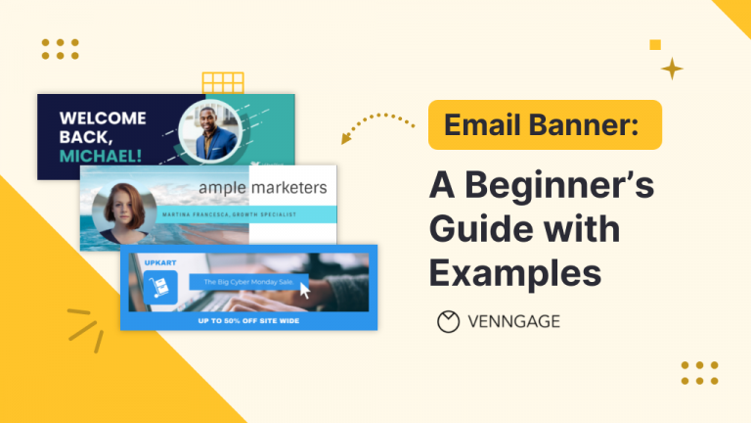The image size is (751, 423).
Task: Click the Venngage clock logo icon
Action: click(448, 321)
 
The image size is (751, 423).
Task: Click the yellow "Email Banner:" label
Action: click(545, 125)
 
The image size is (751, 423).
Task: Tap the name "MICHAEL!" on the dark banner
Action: click(100, 155)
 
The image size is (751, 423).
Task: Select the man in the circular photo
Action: click(209, 131)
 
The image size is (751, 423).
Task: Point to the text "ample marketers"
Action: click(262, 187)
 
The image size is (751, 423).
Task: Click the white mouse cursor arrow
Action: click(305, 290)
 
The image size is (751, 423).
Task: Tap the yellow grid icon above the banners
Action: click(222, 82)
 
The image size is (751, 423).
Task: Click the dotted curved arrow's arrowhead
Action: click(346, 138)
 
